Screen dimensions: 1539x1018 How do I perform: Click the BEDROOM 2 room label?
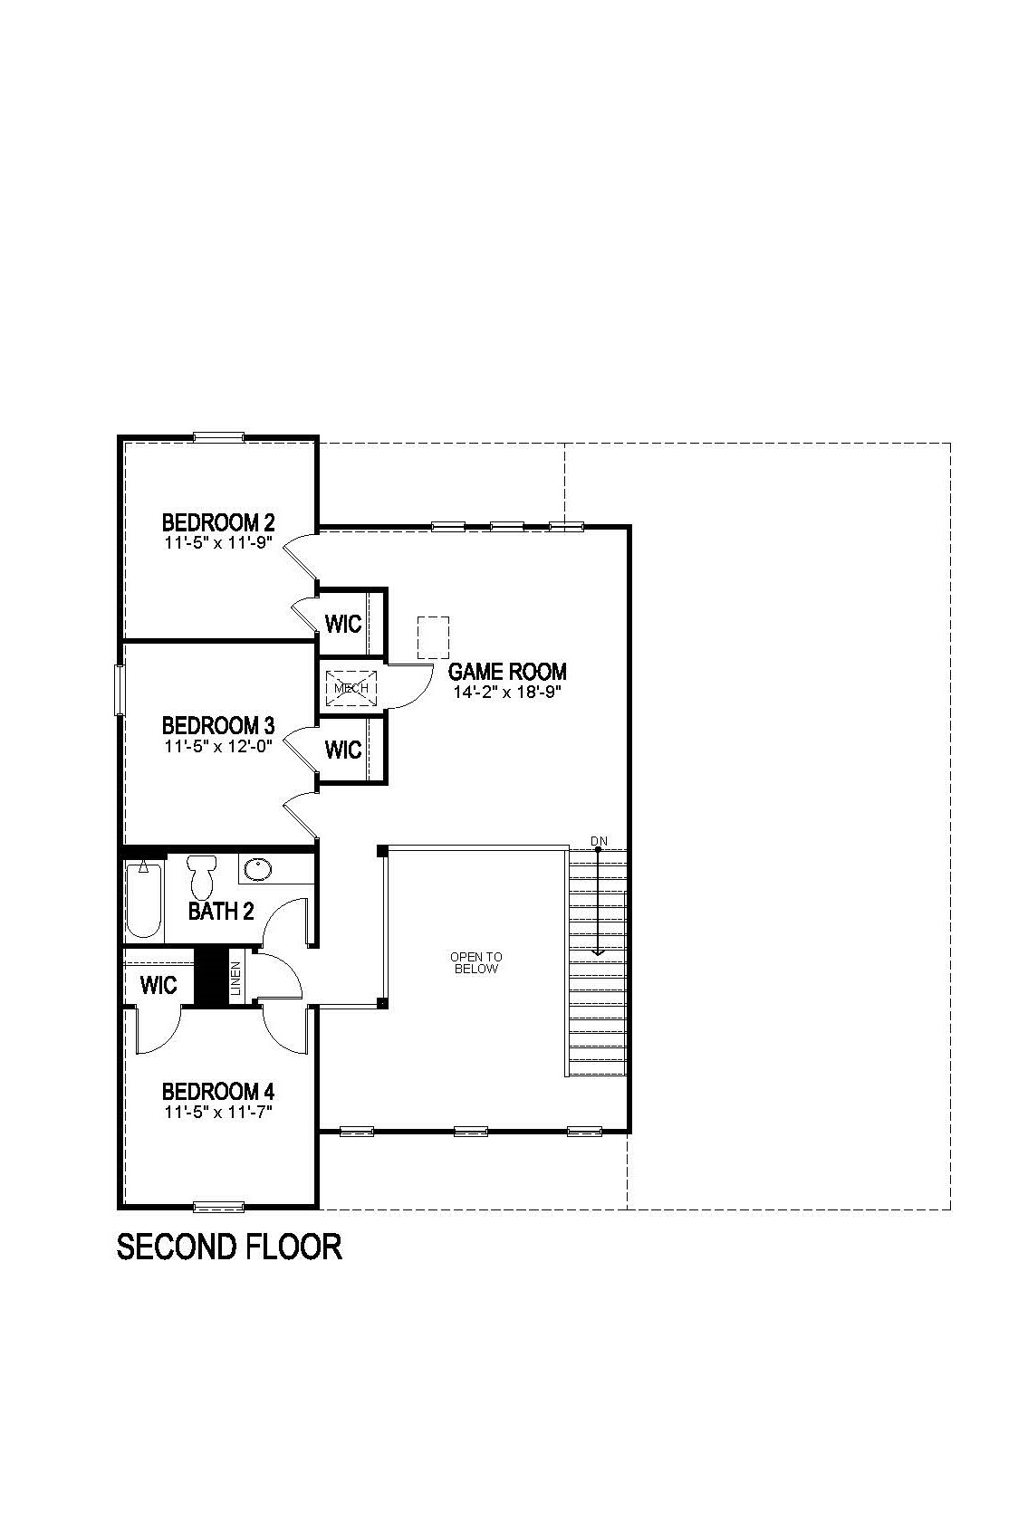218,522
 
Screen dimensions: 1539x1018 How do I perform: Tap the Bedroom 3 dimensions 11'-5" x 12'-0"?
218,747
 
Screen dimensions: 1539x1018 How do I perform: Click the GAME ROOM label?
507,672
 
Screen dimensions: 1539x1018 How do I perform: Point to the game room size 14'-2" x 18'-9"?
507,693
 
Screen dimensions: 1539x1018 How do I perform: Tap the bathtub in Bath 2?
143,900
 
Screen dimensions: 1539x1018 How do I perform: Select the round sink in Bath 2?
258,870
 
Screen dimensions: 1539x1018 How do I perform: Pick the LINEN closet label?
235,978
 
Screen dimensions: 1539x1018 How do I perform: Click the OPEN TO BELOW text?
476,962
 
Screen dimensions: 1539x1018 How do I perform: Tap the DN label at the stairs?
599,841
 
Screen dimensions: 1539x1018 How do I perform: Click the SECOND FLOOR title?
229,1247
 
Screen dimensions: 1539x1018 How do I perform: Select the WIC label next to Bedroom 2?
343,624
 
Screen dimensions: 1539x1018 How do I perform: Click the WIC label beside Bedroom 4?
158,984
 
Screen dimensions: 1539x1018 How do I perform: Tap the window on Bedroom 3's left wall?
119,690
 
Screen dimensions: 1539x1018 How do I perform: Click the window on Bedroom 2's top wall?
218,437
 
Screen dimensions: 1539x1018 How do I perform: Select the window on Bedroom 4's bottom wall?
218,1206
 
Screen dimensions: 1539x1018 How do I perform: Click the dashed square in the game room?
433,637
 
